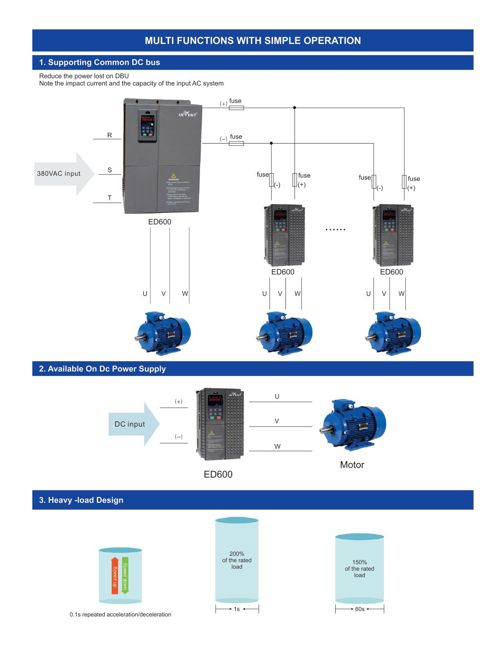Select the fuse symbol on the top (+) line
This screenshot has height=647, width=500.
[236, 108]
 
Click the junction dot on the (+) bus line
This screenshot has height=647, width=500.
[295, 107]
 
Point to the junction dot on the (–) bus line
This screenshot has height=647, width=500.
[271, 143]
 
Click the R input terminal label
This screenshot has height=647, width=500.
[109, 135]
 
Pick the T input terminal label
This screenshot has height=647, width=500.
[109, 198]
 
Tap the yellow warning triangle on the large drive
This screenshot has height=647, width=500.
[173, 176]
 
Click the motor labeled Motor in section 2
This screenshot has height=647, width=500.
[353, 425]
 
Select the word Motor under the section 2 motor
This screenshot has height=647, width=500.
[352, 465]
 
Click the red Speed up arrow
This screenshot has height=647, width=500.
[115, 575]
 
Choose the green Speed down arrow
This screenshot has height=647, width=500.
[125, 575]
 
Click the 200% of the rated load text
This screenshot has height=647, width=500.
[237, 560]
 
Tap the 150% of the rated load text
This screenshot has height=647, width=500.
[359, 569]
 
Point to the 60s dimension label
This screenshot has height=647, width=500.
[360, 609]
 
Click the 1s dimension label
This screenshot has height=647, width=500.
[236, 609]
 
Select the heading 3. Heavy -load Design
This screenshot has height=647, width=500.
[81, 500]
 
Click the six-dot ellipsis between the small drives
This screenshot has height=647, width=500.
[335, 229]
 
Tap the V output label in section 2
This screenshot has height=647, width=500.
[277, 421]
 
